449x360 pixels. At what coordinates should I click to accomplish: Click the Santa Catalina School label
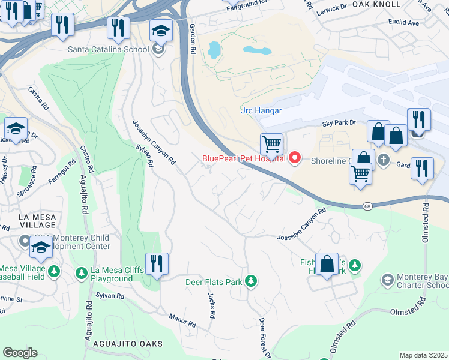click(108, 49)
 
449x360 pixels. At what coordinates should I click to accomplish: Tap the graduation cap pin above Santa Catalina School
click(161, 30)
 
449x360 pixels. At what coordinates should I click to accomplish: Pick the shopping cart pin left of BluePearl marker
click(272, 144)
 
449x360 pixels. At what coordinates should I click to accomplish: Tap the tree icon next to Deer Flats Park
click(250, 281)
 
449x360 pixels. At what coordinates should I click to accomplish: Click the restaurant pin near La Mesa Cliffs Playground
click(157, 264)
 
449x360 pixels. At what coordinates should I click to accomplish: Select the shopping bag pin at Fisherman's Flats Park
click(327, 264)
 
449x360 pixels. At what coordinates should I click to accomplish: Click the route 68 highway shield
click(367, 206)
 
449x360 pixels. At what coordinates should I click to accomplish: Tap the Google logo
click(20, 353)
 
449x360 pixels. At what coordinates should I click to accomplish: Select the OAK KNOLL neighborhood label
click(376, 4)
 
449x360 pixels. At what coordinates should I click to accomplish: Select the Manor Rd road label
click(182, 320)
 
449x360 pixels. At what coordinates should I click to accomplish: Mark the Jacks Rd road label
click(211, 305)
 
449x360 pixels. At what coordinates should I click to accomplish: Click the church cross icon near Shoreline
click(384, 161)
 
